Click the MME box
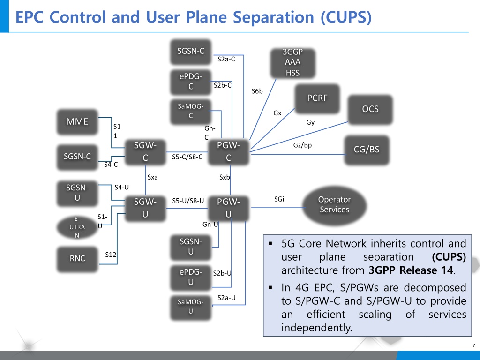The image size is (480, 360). (x=77, y=121)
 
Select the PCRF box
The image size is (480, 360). (x=317, y=98)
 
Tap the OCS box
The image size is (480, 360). (x=370, y=109)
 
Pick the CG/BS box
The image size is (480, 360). (x=367, y=150)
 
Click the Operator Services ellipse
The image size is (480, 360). (x=334, y=205)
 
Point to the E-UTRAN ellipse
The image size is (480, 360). (x=77, y=227)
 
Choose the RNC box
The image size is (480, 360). (x=77, y=259)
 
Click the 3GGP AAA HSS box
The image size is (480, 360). (x=292, y=62)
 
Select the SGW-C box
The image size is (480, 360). (x=145, y=151)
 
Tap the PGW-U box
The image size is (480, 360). (x=228, y=208)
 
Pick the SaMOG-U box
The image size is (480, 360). (x=191, y=307)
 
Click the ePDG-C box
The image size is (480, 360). (x=191, y=82)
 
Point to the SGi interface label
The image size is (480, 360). (x=279, y=199)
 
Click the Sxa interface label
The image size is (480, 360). (x=152, y=177)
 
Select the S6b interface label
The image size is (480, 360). (x=257, y=91)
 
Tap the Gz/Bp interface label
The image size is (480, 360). (x=302, y=145)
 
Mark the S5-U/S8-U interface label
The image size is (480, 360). (x=188, y=201)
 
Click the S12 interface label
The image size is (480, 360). (x=111, y=255)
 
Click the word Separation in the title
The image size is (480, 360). (x=274, y=17)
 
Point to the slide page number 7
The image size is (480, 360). (x=474, y=345)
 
